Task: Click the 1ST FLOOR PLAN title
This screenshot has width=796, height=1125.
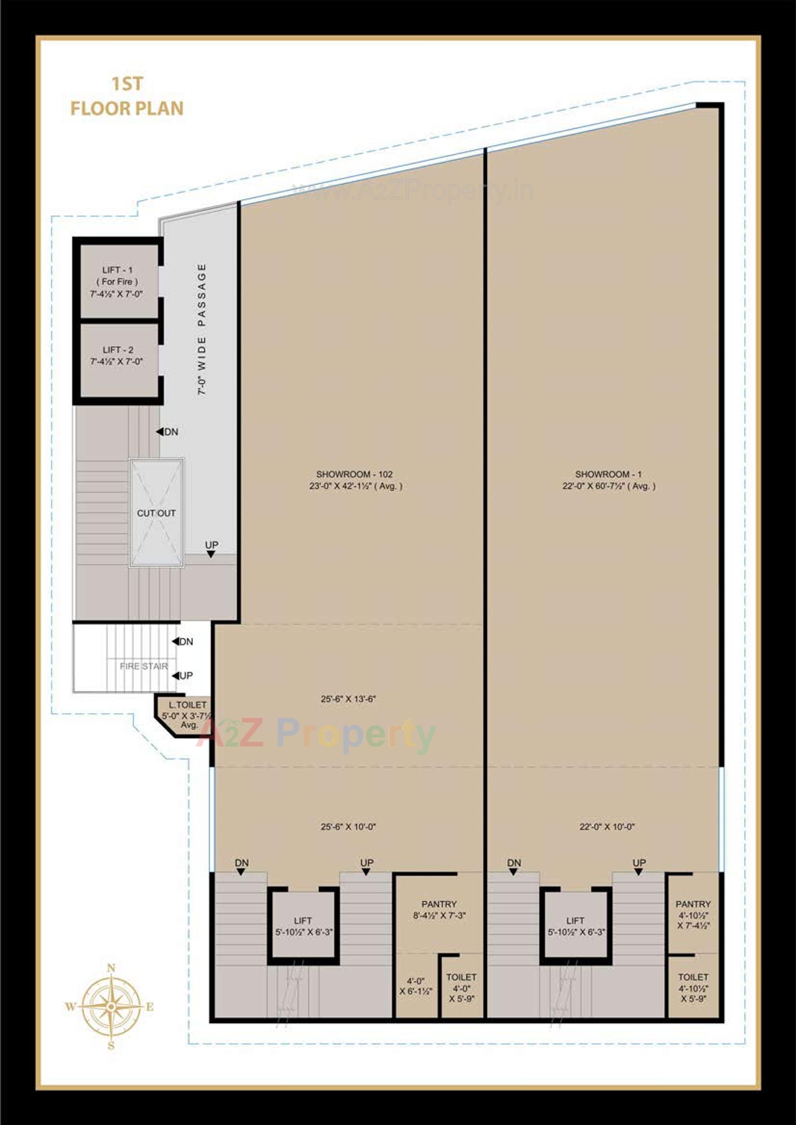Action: click(x=127, y=97)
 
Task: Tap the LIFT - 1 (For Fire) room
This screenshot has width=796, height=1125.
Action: click(x=117, y=282)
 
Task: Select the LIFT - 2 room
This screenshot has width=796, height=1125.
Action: click(x=117, y=356)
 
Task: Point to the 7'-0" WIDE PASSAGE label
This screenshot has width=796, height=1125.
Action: click(x=202, y=329)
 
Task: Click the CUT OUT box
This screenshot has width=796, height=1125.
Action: click(x=156, y=513)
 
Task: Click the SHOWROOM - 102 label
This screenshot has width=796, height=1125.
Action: click(x=355, y=480)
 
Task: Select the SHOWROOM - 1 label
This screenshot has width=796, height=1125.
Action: click(x=608, y=480)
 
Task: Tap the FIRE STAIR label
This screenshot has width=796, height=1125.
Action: click(x=143, y=666)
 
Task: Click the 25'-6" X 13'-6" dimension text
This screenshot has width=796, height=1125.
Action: click(x=348, y=699)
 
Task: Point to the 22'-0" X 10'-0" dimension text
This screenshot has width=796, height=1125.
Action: click(x=607, y=827)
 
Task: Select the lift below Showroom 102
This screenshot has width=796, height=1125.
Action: click(x=303, y=926)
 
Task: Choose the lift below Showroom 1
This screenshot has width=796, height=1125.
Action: click(x=576, y=926)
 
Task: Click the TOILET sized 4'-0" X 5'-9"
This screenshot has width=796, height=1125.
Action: click(x=461, y=988)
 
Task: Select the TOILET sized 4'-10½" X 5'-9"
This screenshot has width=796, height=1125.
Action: click(x=693, y=988)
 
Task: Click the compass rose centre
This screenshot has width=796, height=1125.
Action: click(x=111, y=1007)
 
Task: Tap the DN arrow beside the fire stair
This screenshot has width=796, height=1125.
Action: click(x=176, y=641)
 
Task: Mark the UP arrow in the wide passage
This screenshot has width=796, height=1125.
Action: click(x=211, y=554)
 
